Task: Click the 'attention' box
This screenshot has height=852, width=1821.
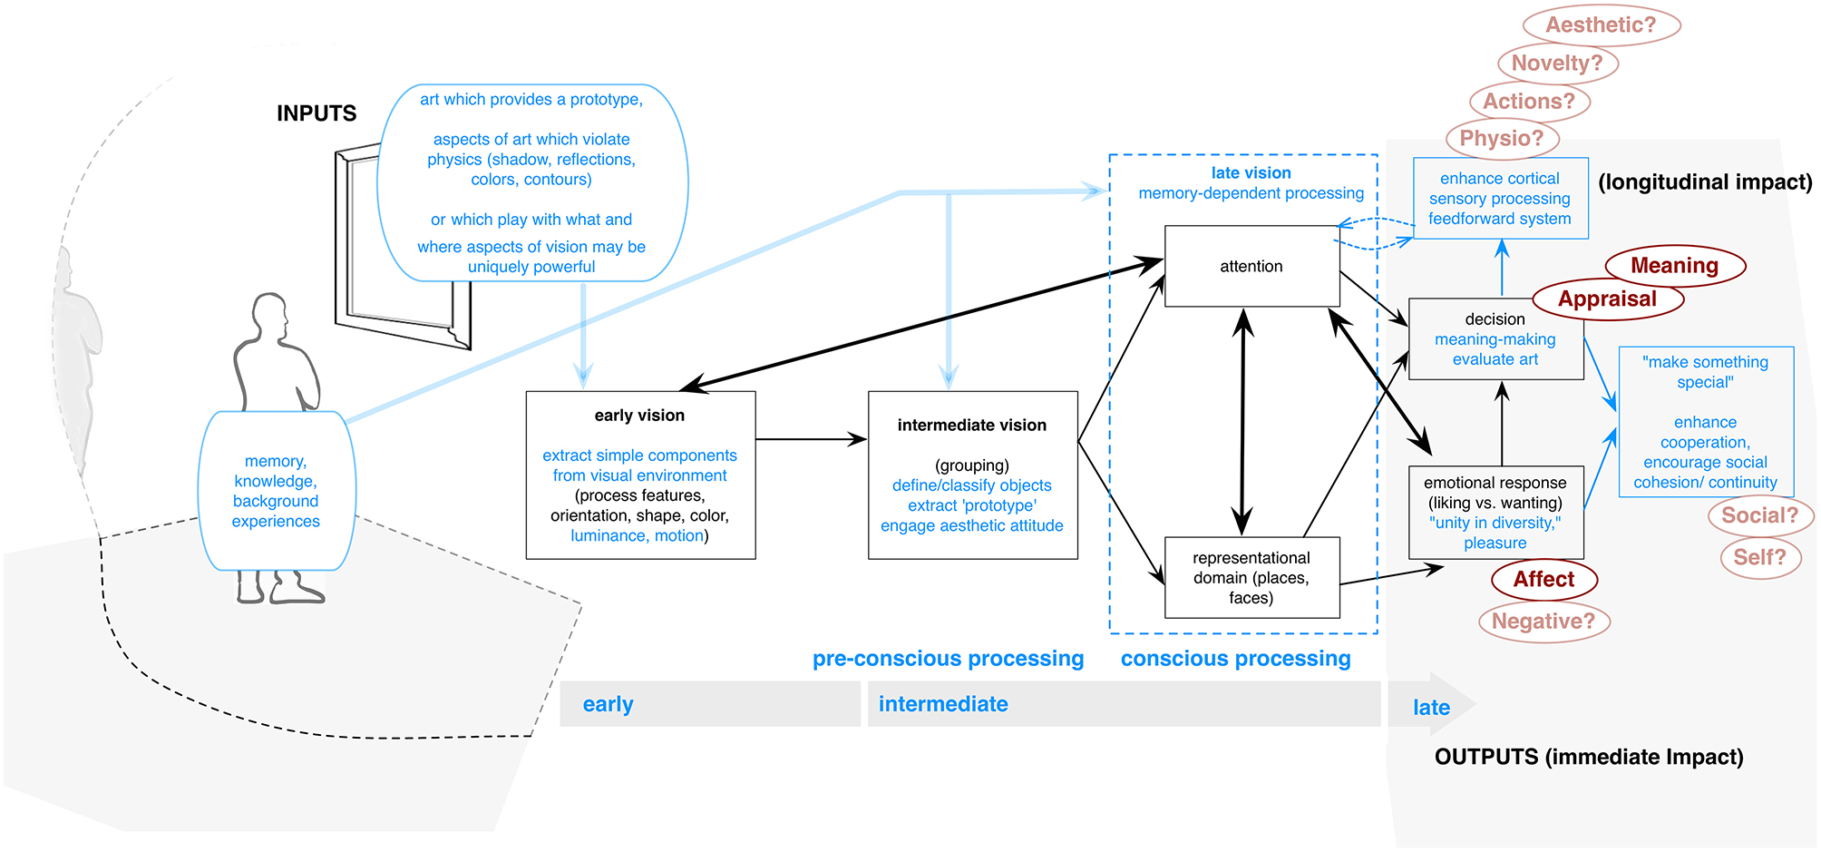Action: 1251,266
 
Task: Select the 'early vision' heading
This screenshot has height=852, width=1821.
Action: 639,416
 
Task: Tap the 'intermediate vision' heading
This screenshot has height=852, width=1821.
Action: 971,426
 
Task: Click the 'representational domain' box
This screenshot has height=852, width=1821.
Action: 1251,578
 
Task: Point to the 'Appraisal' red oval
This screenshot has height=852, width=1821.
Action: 1607,299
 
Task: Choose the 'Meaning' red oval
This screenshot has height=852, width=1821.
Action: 1674,266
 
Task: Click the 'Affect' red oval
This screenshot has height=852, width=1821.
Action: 1543,580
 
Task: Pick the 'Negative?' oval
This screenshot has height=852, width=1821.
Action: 1543,622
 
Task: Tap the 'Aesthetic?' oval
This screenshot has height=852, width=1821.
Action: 1601,25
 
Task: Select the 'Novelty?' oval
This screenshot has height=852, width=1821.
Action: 1557,64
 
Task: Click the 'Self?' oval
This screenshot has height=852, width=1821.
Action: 1759,557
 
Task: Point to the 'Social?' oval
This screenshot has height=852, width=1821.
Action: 1759,515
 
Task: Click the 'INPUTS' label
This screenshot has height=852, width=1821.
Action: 316,113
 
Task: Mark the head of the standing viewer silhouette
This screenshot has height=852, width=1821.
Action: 269,315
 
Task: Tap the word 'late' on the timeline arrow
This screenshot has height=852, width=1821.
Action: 1431,708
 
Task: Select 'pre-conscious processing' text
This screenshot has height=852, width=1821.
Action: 948,659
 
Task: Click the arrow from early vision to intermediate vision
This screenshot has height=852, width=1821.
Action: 811,439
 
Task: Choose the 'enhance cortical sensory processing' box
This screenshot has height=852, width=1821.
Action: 1500,199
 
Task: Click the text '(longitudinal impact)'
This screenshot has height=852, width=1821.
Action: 1705,182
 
